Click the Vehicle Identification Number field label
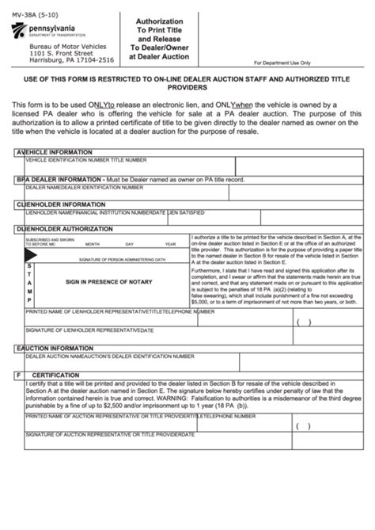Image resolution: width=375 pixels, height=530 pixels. click(86, 158)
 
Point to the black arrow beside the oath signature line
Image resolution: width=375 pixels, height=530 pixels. click(32, 255)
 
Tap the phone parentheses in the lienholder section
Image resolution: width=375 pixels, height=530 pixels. click(304, 322)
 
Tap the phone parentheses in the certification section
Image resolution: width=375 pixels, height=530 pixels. click(304, 424)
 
